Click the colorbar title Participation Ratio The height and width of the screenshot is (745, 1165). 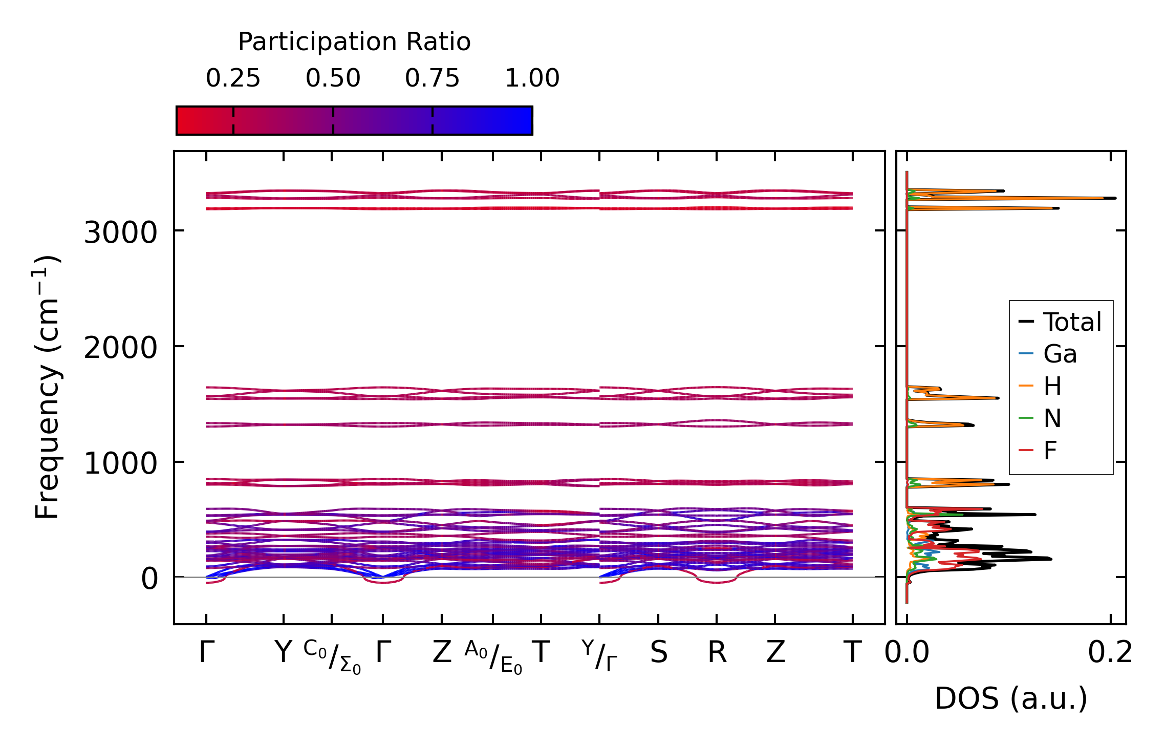[354, 42]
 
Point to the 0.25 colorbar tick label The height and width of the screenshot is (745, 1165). [233, 79]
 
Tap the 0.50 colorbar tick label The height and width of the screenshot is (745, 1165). [333, 79]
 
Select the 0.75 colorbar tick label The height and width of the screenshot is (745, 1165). [432, 79]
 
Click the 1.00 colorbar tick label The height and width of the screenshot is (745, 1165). [532, 79]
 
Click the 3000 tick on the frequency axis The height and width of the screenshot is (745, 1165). [120, 233]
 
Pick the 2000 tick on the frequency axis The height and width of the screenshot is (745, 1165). [120, 349]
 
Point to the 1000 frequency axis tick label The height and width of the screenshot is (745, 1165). [120, 464]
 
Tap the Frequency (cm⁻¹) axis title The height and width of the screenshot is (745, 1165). [47, 387]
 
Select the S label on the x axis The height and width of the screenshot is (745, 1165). [659, 653]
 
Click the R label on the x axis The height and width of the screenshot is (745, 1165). [717, 653]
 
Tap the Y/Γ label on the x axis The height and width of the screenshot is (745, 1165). [599, 655]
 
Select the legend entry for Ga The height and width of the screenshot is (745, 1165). [1060, 354]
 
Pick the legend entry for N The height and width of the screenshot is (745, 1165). [1052, 418]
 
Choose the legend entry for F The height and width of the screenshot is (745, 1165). [1050, 451]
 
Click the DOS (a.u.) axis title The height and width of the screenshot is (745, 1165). [1011, 699]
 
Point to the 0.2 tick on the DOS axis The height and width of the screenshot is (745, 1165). [1110, 653]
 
